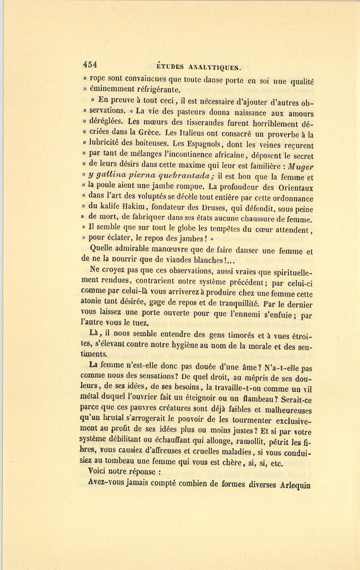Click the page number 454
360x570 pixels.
tap(90, 64)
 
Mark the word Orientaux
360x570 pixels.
tap(295, 187)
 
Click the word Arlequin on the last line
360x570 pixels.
tap(296, 485)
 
